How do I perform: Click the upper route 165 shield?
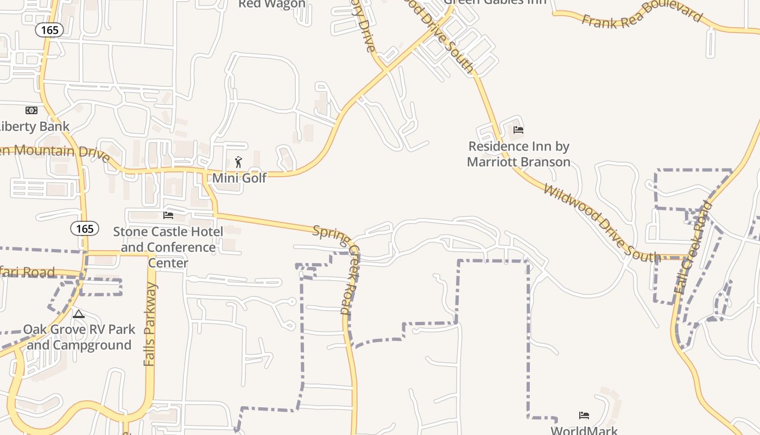point(49,30)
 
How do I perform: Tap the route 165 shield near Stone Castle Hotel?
point(85,229)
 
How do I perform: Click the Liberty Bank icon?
point(31,110)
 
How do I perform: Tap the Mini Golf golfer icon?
point(238,161)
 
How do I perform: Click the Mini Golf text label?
point(239,178)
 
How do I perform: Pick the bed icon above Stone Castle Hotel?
point(168,215)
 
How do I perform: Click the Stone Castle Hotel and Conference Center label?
point(168,247)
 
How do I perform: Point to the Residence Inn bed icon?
point(518,130)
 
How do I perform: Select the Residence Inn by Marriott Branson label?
point(519,154)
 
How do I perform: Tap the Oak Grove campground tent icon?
point(79,314)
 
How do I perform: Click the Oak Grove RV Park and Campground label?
point(79,337)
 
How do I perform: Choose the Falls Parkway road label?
point(150,324)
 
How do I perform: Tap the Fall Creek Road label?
point(693,247)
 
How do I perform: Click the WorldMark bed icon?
point(584,415)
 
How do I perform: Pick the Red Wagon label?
point(272,4)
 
